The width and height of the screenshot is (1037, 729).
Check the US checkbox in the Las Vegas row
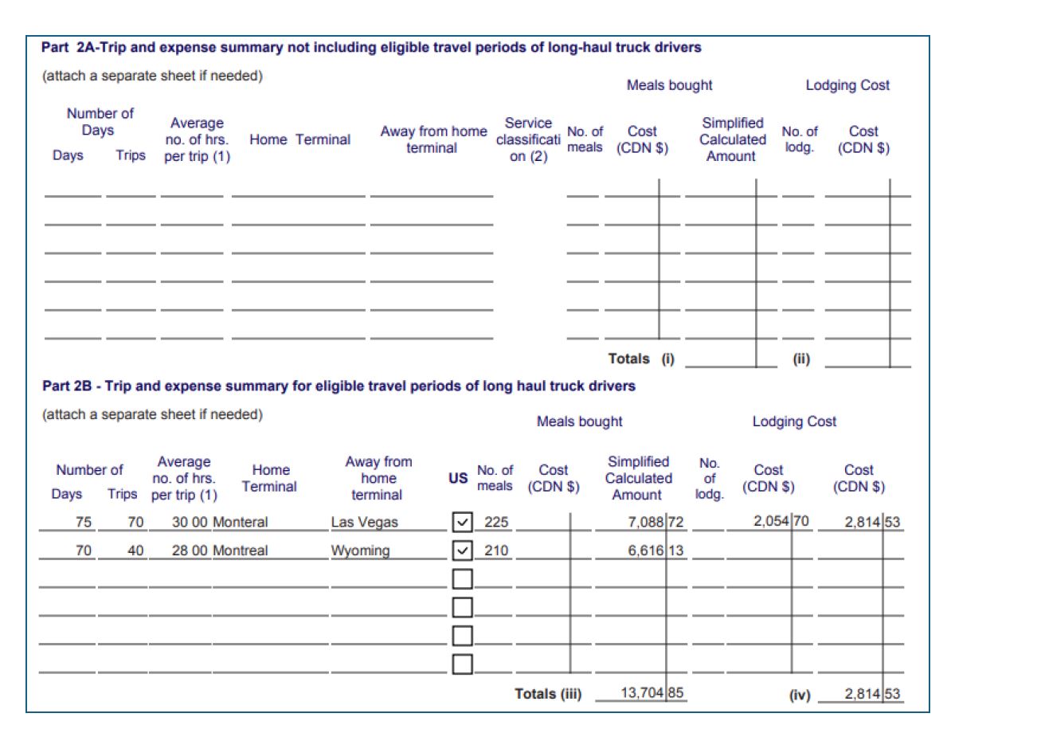point(462,523)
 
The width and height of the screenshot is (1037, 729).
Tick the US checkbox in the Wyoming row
point(462,551)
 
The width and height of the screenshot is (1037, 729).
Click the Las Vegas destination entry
point(364,523)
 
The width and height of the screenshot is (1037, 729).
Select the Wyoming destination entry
point(360,551)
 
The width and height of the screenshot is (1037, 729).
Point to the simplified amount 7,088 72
point(655,523)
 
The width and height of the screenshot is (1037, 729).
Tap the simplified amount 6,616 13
point(655,551)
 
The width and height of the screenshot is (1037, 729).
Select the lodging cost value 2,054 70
point(782,522)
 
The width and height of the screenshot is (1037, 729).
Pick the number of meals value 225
point(496,523)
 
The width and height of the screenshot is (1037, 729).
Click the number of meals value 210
point(496,551)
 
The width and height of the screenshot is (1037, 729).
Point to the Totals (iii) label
point(548,694)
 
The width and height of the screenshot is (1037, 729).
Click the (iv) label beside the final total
point(799,695)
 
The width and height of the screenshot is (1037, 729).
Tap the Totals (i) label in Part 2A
point(641,359)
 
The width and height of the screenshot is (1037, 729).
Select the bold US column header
point(458,479)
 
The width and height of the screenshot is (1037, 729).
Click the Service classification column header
point(527,139)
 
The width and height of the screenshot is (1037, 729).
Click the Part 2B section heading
point(338,386)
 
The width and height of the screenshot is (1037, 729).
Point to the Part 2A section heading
point(371,48)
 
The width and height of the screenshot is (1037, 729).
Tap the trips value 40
point(135,551)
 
